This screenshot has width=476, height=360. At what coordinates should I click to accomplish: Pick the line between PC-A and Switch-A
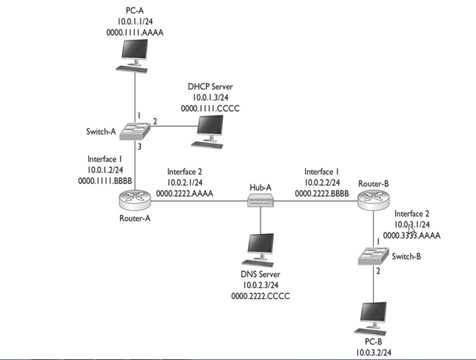(135, 95)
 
